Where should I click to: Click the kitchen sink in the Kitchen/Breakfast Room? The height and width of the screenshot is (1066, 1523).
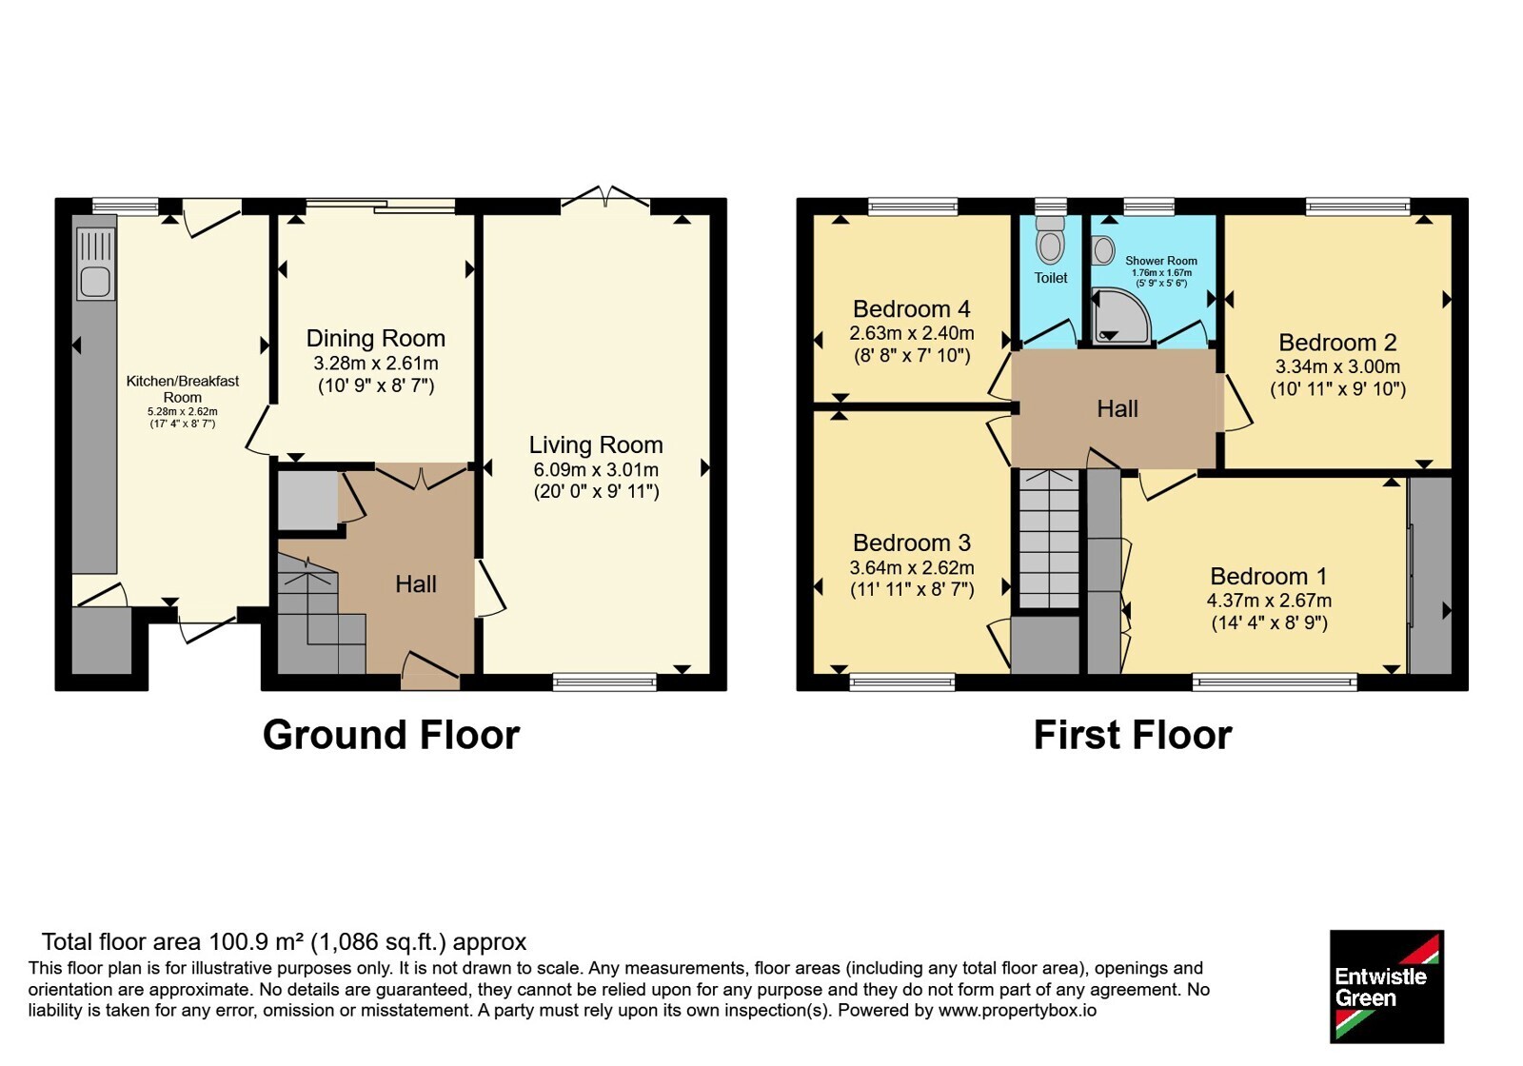pos(96,264)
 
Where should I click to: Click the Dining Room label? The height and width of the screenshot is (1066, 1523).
pos(375,338)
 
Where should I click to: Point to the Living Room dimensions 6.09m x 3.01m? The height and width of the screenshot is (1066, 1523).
pos(596,469)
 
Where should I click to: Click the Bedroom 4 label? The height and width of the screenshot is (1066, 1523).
pos(911,308)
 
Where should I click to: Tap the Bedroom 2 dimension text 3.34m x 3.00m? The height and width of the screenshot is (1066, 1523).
pos(1337,366)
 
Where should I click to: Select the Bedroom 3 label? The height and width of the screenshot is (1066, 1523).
pos(912,543)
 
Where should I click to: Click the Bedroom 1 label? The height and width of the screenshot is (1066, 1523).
pos(1269,576)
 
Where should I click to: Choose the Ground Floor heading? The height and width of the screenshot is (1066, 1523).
pos(391,735)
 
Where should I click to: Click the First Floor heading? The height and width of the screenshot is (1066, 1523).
pos(1133,735)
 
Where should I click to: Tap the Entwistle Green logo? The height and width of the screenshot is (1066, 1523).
pos(1387,986)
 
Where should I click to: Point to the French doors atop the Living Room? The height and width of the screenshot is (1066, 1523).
pos(605,196)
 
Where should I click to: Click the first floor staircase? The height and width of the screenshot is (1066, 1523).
pos(1049,538)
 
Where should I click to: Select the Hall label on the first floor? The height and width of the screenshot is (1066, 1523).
pos(1118,408)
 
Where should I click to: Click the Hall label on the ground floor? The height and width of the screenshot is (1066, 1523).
pos(415,584)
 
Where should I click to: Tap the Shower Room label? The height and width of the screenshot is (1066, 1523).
pos(1161,261)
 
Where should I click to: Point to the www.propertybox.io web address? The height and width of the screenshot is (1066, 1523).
pos(1018,1010)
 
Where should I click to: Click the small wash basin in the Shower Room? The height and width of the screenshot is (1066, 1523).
pos(1103,250)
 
